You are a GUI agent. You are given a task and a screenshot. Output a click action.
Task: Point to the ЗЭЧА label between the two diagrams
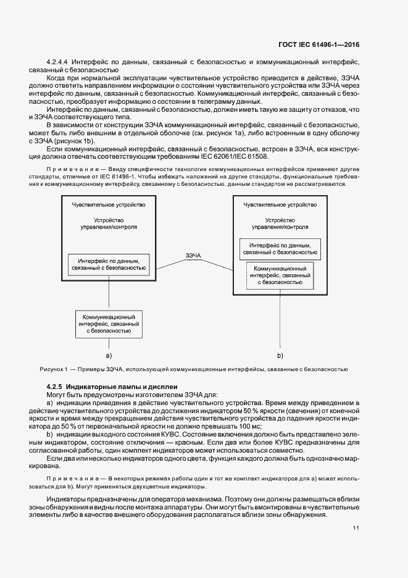point(193,255)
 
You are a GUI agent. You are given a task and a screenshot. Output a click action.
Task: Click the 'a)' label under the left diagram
point(108,356)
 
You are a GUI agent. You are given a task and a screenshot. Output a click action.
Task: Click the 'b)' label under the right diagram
point(280,356)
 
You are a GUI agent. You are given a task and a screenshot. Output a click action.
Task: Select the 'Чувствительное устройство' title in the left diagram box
point(108,204)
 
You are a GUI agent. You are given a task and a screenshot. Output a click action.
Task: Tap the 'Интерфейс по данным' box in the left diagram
point(108,264)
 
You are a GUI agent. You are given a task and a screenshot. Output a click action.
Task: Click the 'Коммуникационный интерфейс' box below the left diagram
point(108,323)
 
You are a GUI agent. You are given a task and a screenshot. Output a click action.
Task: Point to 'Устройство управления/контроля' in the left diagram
point(108,224)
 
